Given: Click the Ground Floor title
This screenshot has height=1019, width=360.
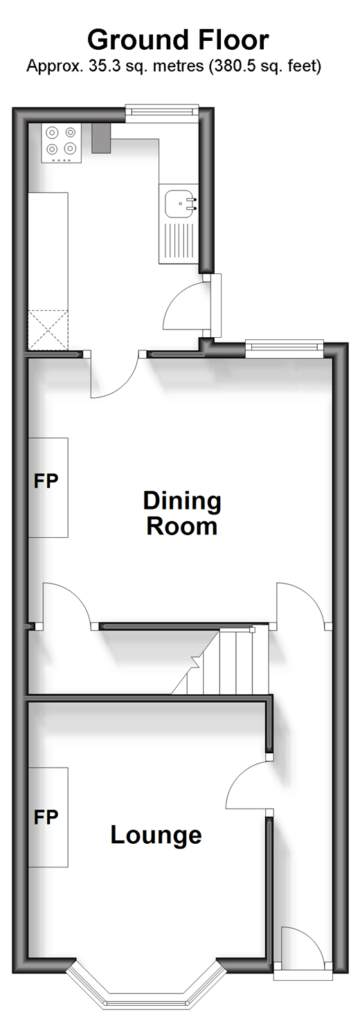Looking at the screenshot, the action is (x=178, y=40).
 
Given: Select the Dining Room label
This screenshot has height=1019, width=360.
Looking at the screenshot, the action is (x=182, y=513).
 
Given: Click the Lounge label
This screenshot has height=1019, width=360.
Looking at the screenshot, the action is (x=156, y=836).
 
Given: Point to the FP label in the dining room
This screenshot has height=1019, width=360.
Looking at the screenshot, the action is (x=46, y=481).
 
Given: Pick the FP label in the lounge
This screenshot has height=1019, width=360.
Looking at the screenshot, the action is (x=46, y=818).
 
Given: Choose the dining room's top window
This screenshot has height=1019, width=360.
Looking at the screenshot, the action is (x=285, y=345).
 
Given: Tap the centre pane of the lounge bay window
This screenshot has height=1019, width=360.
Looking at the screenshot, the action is (x=145, y=1002).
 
